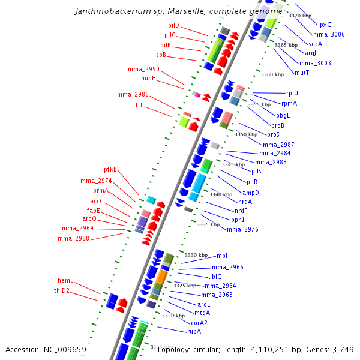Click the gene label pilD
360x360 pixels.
pyautogui.click(x=173, y=26)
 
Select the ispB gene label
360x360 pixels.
pyautogui.click(x=160, y=55)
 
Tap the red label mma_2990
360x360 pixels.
pyautogui.click(x=143, y=70)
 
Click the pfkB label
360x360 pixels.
pyautogui.click(x=110, y=169)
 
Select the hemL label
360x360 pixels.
pyautogui.click(x=65, y=280)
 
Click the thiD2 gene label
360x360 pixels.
pyautogui.click(x=62, y=290)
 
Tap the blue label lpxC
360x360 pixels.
pyautogui.click(x=325, y=25)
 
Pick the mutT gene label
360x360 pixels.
pyautogui.click(x=302, y=73)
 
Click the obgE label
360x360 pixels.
pyautogui.click(x=283, y=115)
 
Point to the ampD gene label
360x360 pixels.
pyautogui.click(x=251, y=193)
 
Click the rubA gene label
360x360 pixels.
pyautogui.click(x=194, y=331)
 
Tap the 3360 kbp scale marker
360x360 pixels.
pyautogui.click(x=272, y=74)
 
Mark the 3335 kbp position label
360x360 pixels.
pyautogui.click(x=208, y=224)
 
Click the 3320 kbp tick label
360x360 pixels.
pyautogui.click(x=173, y=316)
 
